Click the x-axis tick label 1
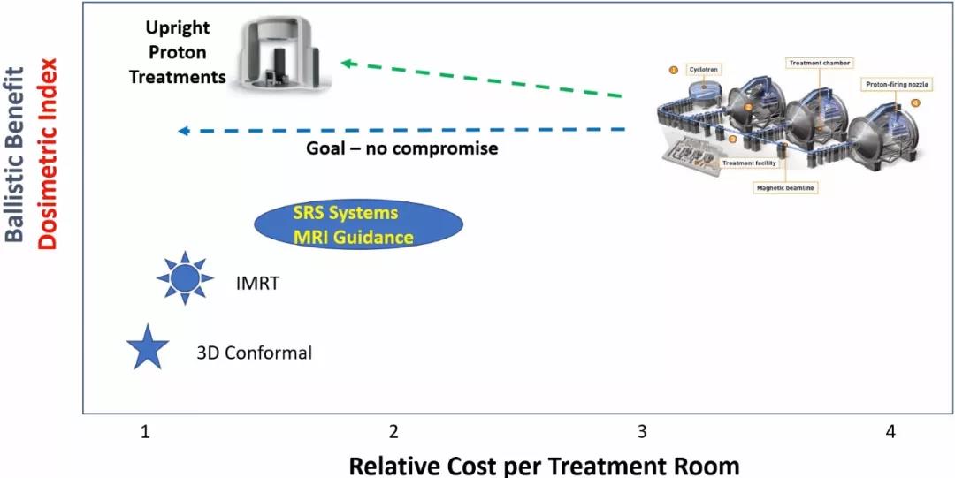[145, 431]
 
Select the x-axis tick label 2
[393, 431]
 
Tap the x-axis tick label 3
[642, 431]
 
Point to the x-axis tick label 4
[890, 431]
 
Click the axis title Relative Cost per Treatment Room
[543, 464]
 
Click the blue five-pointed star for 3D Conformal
[146, 348]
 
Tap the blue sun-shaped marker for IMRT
[184, 278]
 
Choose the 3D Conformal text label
[254, 353]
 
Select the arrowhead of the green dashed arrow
[348, 64]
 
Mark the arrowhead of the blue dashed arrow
[183, 131]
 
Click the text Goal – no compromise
[401, 148]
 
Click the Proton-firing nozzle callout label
[895, 84]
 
